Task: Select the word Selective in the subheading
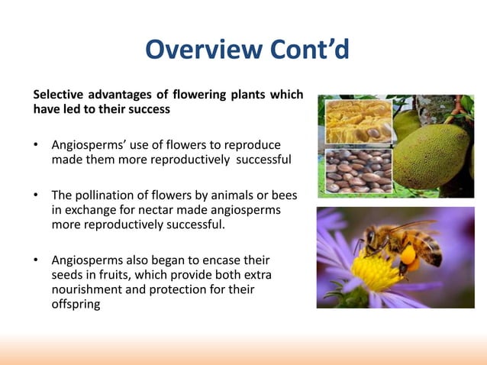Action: (x=58, y=95)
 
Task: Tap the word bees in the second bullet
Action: (x=282, y=196)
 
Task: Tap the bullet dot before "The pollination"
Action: (x=36, y=196)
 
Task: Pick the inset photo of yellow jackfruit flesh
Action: (x=357, y=122)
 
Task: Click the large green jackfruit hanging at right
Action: (x=439, y=153)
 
